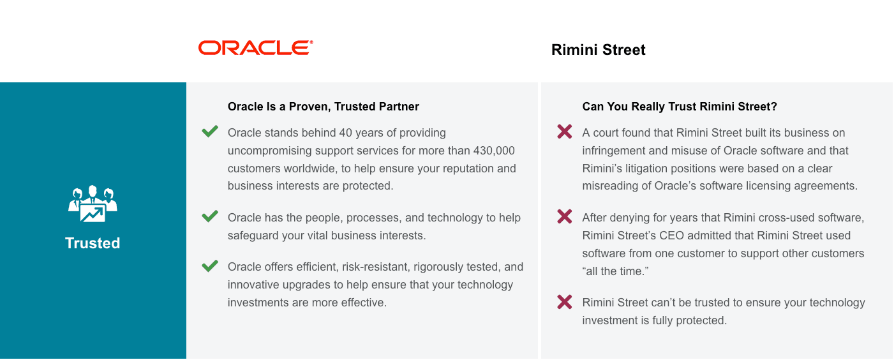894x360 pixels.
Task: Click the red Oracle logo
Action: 256,48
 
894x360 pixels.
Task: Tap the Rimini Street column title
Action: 599,50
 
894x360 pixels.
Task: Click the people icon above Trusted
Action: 93,204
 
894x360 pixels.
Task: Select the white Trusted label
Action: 93,243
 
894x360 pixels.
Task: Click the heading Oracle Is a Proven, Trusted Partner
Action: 324,107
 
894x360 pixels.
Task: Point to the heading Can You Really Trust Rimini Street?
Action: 680,107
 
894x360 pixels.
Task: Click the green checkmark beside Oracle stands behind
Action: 210,131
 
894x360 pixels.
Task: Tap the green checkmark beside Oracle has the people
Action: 210,216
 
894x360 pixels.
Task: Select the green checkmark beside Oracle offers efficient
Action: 210,266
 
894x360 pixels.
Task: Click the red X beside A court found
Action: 564,131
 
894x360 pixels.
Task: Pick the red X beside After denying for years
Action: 564,217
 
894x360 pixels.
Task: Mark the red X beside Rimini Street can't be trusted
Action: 564,302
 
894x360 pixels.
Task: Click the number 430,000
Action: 494,151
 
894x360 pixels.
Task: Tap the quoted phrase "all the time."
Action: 615,271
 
